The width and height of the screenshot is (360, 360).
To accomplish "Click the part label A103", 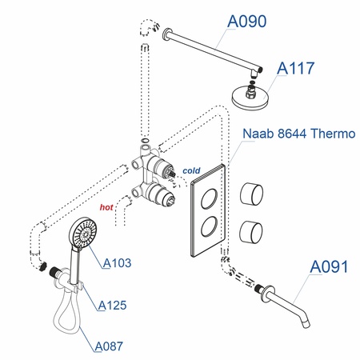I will tap(116, 262).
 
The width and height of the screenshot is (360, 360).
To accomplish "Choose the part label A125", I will tap(114, 304).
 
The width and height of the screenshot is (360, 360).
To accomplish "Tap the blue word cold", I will tap(190, 170).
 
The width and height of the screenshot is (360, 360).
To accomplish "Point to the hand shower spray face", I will tap(80, 234).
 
